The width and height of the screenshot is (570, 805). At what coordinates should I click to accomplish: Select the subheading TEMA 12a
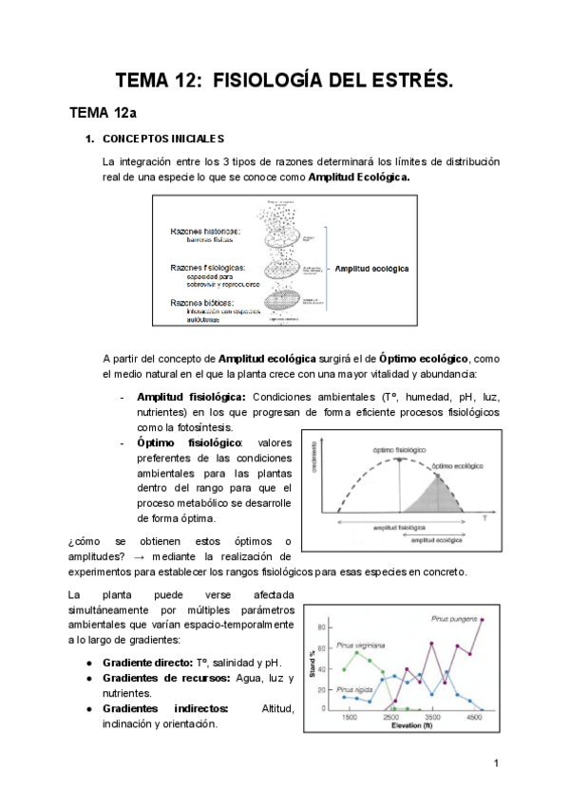(104, 114)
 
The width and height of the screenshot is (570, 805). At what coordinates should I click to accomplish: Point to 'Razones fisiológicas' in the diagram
(207, 268)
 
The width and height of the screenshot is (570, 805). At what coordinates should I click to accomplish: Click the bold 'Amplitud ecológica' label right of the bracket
(371, 269)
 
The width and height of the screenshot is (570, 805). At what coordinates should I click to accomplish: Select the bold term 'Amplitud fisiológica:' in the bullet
(192, 397)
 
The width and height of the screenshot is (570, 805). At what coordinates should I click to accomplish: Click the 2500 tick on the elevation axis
(390, 720)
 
